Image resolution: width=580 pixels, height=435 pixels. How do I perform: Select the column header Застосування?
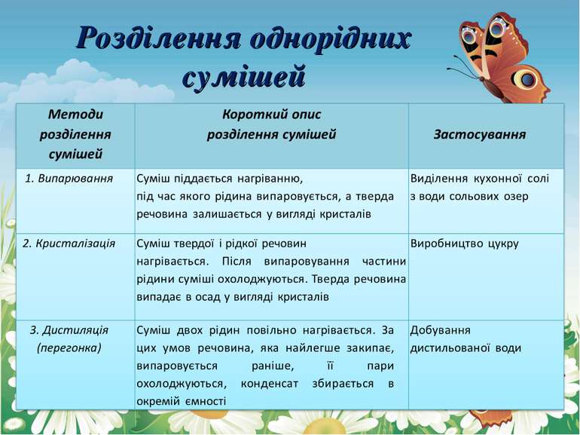[x=479, y=135]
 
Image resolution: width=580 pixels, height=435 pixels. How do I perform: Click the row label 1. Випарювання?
[x=69, y=179]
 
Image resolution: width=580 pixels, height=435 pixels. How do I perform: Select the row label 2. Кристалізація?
[x=69, y=244]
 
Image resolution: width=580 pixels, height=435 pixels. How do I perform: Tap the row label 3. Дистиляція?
[x=69, y=330]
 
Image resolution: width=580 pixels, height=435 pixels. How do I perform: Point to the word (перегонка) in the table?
[x=69, y=348]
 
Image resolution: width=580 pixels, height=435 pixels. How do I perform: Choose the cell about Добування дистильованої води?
[x=465, y=339]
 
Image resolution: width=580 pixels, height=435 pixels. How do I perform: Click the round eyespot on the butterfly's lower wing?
[x=527, y=78]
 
